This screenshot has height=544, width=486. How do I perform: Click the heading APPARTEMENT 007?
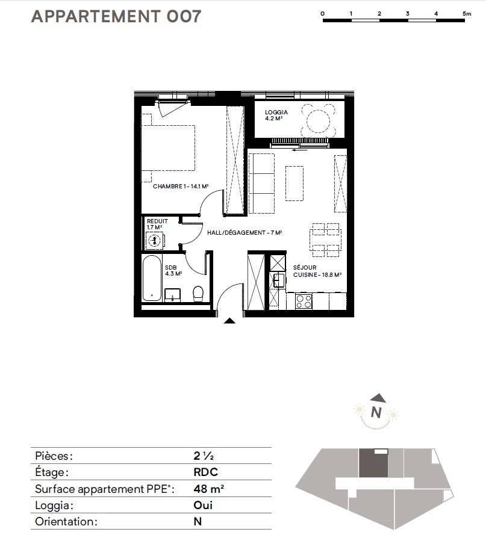pyautogui.click(x=116, y=16)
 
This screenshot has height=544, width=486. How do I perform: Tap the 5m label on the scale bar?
pyautogui.click(x=467, y=13)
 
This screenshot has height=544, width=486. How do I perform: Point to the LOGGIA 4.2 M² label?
pyautogui.click(x=276, y=115)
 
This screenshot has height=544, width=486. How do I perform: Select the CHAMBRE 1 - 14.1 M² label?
pyautogui.click(x=181, y=187)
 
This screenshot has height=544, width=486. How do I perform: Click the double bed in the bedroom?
pyautogui.click(x=168, y=148)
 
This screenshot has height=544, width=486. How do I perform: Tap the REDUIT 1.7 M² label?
pyautogui.click(x=157, y=224)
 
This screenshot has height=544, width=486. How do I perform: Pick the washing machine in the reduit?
pyautogui.click(x=155, y=240)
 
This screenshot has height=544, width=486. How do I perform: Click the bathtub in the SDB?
pyautogui.click(x=152, y=278)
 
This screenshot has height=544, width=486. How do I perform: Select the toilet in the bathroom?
pyautogui.click(x=198, y=294)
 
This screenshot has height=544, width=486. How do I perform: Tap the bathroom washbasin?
pyautogui.click(x=172, y=295)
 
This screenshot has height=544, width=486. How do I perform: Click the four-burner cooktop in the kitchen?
pyautogui.click(x=304, y=301)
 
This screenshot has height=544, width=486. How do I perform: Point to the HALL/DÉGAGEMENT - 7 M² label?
pyautogui.click(x=245, y=232)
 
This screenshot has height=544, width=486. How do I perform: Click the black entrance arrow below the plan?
pyautogui.click(x=229, y=321)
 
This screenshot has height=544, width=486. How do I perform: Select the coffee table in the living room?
pyautogui.click(x=294, y=183)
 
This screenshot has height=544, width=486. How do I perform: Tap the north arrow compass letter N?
pyautogui.click(x=376, y=412)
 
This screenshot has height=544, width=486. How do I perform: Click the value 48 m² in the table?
pyautogui.click(x=208, y=489)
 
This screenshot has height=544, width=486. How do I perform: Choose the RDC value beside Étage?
pyautogui.click(x=206, y=472)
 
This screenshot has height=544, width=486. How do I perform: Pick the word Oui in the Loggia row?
pyautogui.click(x=203, y=505)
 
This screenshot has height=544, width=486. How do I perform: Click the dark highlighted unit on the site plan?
pyautogui.click(x=373, y=463)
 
